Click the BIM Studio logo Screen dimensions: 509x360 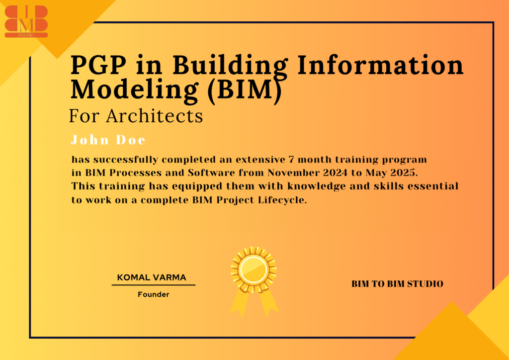[x=26, y=21]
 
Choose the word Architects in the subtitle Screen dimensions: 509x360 [x=154, y=116]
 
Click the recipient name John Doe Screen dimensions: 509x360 [x=108, y=140]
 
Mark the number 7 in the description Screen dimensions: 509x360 [x=291, y=160]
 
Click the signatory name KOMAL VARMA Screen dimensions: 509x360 [x=152, y=277]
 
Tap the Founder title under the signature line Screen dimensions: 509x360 [x=154, y=295]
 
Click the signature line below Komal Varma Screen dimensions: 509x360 [x=154, y=285]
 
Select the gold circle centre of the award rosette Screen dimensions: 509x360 [x=253, y=270]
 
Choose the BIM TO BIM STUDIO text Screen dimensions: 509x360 [x=397, y=284]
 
